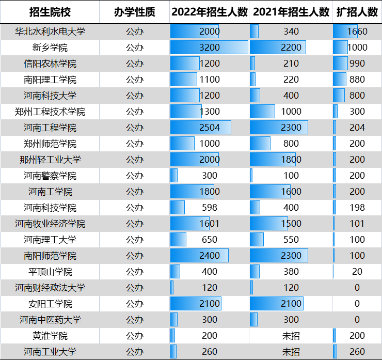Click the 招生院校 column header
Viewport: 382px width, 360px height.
(50, 12)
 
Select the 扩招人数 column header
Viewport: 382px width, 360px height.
(357, 12)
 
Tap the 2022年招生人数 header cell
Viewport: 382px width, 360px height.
(210, 12)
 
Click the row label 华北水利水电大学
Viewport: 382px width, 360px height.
(50, 32)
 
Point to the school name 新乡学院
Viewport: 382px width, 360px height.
(50, 48)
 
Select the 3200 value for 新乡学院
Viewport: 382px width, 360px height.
(210, 48)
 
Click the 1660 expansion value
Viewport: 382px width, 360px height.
(357, 32)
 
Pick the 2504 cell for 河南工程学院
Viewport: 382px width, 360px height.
(210, 128)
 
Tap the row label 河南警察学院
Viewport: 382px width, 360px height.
(50, 176)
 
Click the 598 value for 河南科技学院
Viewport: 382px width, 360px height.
(210, 208)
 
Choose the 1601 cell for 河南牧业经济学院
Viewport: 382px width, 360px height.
(210, 224)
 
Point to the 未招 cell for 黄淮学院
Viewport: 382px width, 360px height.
(291, 336)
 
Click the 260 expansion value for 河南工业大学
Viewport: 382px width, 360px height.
(357, 352)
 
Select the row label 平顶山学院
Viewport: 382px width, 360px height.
(50, 272)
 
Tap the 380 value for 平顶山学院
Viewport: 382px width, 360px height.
(291, 272)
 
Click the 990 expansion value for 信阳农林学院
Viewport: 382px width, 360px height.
(357, 64)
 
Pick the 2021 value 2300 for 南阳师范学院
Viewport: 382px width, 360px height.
(291, 256)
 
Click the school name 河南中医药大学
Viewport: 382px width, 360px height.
(50, 320)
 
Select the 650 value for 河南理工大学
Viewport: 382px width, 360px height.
(210, 240)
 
